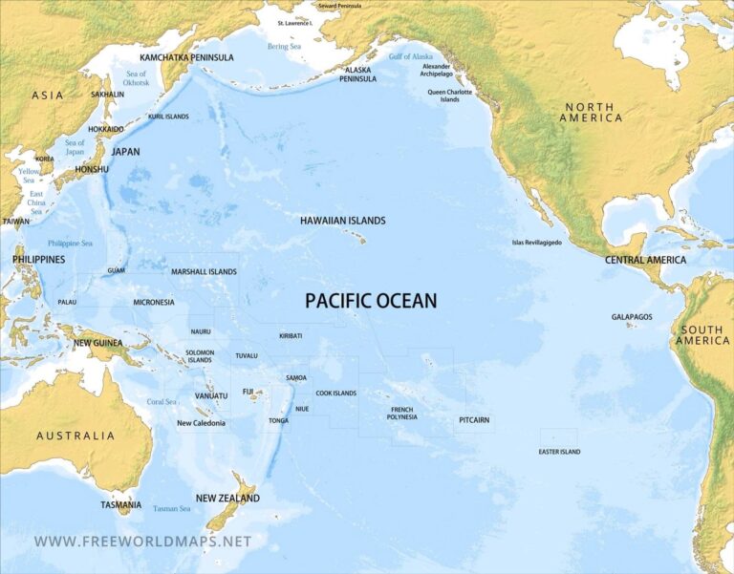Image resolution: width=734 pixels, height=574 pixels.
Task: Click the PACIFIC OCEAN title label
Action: coord(371,301)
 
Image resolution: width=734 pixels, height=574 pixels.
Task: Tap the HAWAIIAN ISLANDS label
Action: coord(342,221)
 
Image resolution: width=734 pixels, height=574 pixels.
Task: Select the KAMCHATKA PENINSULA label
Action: coord(186,57)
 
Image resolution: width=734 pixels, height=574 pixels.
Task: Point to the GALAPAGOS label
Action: coord(632,316)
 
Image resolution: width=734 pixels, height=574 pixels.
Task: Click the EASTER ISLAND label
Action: coord(559,452)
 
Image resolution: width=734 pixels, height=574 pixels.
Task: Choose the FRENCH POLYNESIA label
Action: coord(402,413)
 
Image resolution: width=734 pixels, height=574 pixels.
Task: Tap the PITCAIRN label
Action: coord(474,418)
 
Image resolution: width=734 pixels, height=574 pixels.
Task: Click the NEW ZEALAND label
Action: coord(227,499)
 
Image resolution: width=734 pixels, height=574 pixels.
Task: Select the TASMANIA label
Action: coord(121,504)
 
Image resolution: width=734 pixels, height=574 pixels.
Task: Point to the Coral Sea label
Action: coord(162,402)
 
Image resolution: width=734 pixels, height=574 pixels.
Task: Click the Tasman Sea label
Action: coord(172,509)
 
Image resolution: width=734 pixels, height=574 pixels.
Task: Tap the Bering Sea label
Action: coord(284,46)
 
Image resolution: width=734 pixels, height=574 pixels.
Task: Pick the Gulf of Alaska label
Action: coord(410,57)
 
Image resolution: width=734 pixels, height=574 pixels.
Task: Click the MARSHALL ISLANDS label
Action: coord(204,272)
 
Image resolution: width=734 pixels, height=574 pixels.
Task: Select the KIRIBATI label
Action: coord(291,336)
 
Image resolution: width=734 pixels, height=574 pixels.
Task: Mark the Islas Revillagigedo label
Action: coord(537,243)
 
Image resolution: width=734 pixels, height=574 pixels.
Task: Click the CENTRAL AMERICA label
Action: coord(645,260)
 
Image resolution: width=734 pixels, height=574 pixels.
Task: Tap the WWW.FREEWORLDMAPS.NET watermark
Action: coord(142,542)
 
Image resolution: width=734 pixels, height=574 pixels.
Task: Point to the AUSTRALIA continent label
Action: coord(76,436)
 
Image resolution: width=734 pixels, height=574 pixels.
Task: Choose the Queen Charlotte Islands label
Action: coord(449,96)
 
